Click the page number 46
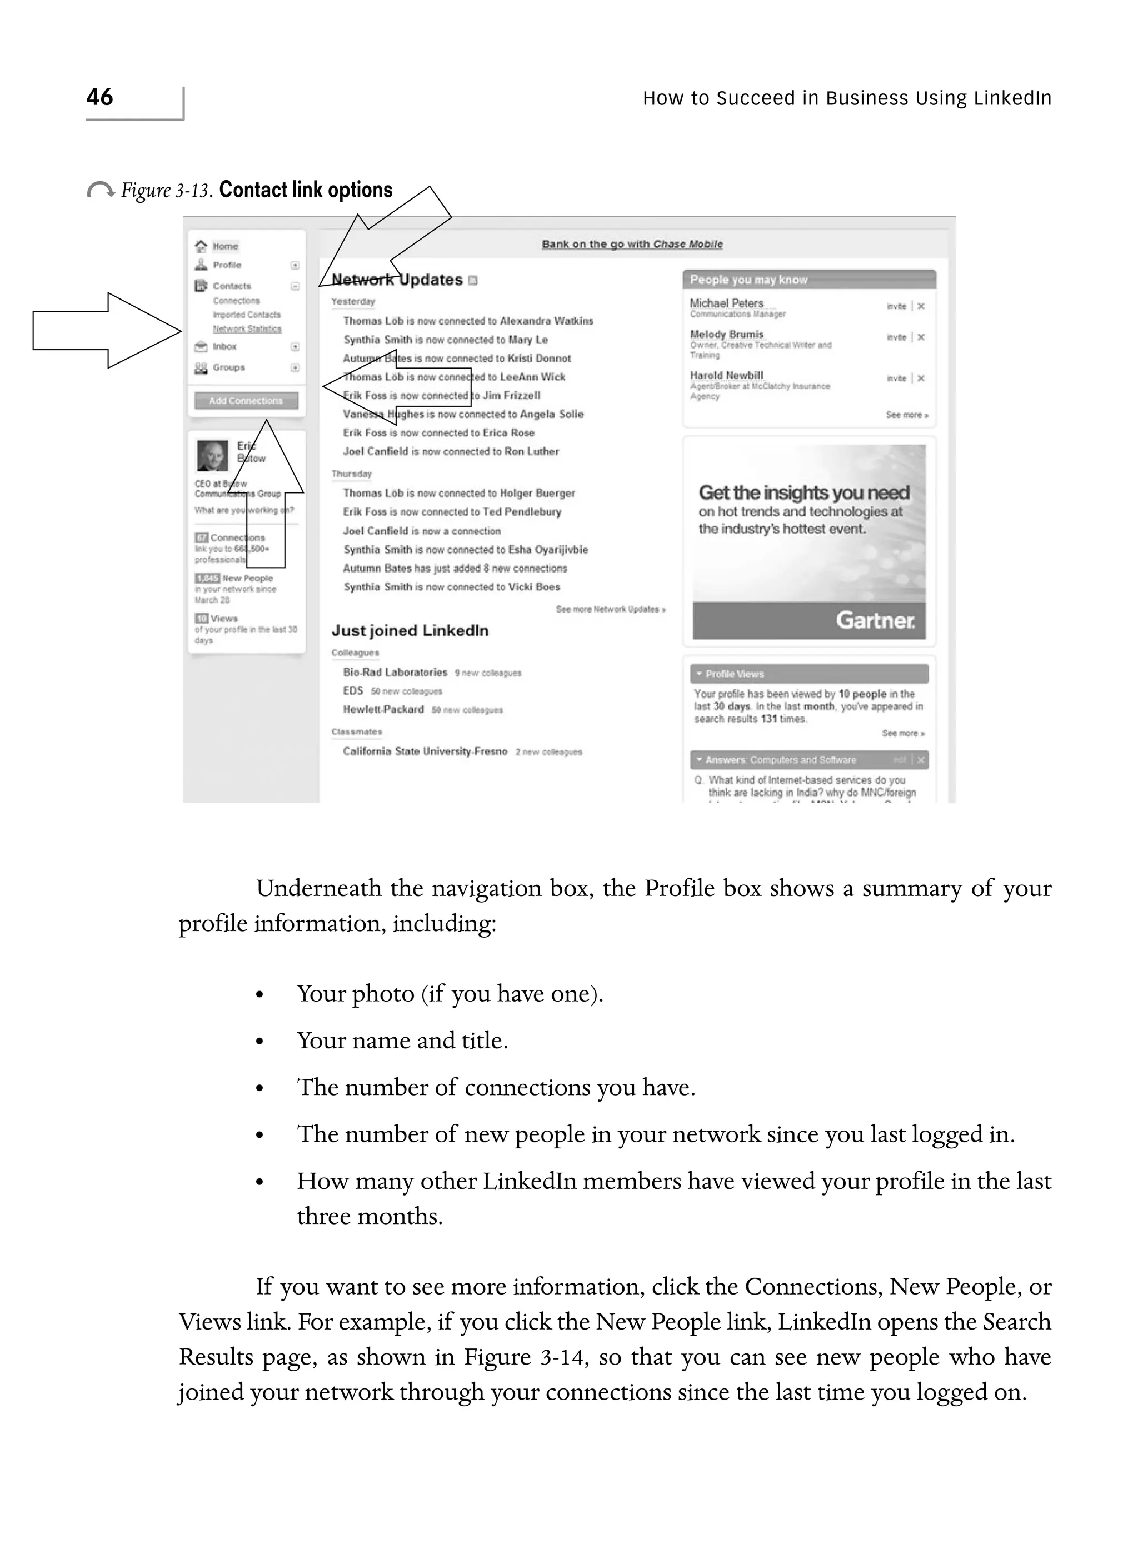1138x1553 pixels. pos(100,97)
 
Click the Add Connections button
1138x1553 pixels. pos(246,400)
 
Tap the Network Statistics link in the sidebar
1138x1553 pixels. pos(247,328)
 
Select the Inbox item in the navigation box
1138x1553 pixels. pos(224,347)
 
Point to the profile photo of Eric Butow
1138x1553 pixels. pos(212,455)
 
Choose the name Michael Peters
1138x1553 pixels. pos(727,303)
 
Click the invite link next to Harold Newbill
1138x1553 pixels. pos(896,379)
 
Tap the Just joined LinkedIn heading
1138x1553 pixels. pos(410,630)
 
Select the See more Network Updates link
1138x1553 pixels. pos(610,609)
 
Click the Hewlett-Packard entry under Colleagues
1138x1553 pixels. pos(383,709)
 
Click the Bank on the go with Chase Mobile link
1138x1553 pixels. pos(632,244)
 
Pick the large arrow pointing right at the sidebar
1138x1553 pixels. pos(107,331)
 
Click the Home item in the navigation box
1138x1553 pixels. pos(224,246)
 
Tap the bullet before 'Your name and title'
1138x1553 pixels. pos(259,1041)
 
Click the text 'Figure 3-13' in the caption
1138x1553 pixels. pos(166,190)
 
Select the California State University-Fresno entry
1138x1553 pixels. pos(425,751)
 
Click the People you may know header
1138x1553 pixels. pos(749,280)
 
